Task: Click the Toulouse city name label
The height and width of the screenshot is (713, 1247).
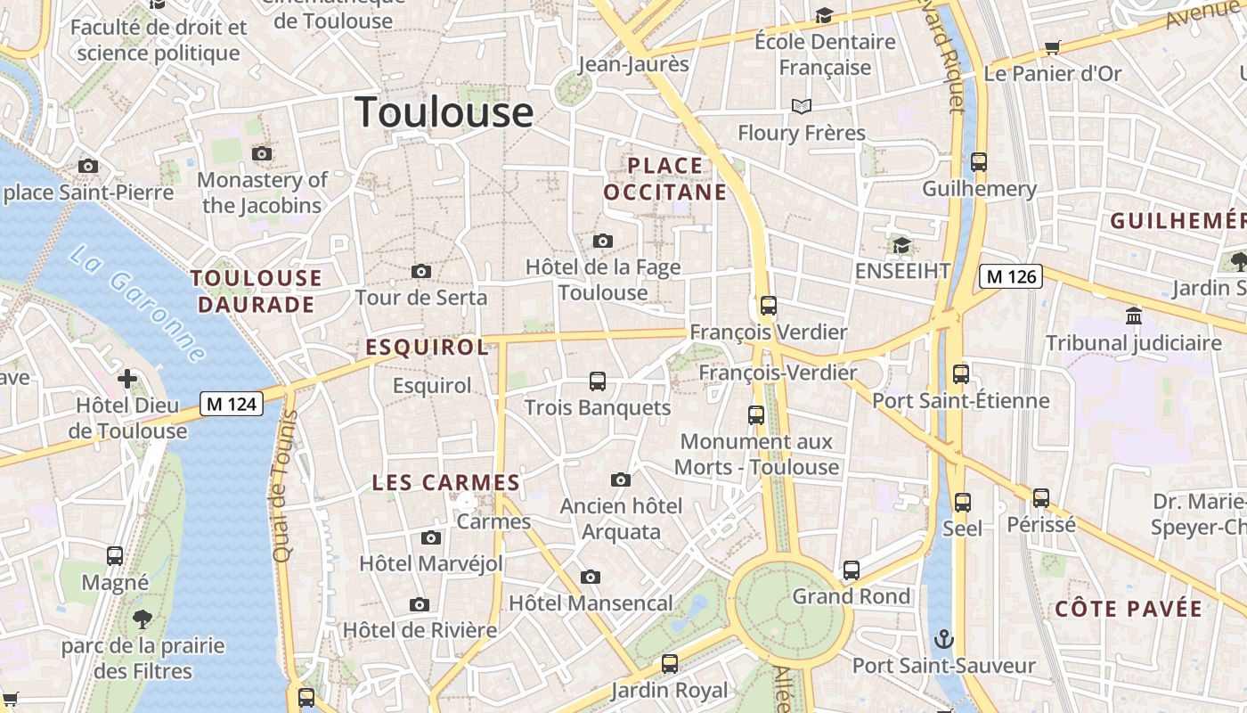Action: [444, 112]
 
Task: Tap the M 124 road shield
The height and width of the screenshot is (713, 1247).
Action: [231, 404]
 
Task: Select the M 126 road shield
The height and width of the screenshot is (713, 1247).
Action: [1011, 276]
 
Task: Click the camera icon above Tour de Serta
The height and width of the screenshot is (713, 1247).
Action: [421, 271]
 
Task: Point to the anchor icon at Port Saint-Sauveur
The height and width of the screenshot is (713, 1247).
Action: [943, 639]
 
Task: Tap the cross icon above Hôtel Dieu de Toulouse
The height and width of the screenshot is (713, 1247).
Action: [127, 379]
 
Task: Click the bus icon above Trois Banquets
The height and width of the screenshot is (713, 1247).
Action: [598, 381]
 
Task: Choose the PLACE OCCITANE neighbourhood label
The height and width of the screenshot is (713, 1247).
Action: [665, 178]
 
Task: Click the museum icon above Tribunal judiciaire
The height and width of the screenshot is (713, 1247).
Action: [1134, 316]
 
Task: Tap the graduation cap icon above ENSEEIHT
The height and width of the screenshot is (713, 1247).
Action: [901, 244]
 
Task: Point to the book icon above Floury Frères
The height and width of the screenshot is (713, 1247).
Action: [802, 107]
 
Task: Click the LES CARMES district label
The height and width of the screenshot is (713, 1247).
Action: [445, 483]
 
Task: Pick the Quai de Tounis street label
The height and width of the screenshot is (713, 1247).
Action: [284, 487]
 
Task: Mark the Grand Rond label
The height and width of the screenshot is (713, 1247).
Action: [852, 595]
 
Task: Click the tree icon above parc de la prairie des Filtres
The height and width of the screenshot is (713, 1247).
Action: [143, 619]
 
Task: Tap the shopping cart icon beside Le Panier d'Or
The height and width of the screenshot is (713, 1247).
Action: [1053, 47]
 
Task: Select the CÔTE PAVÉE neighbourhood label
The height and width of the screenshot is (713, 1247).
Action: [1129, 610]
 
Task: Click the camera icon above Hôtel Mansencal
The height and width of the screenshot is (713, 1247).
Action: [590, 577]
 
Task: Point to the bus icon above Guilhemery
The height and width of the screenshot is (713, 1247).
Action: [979, 162]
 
